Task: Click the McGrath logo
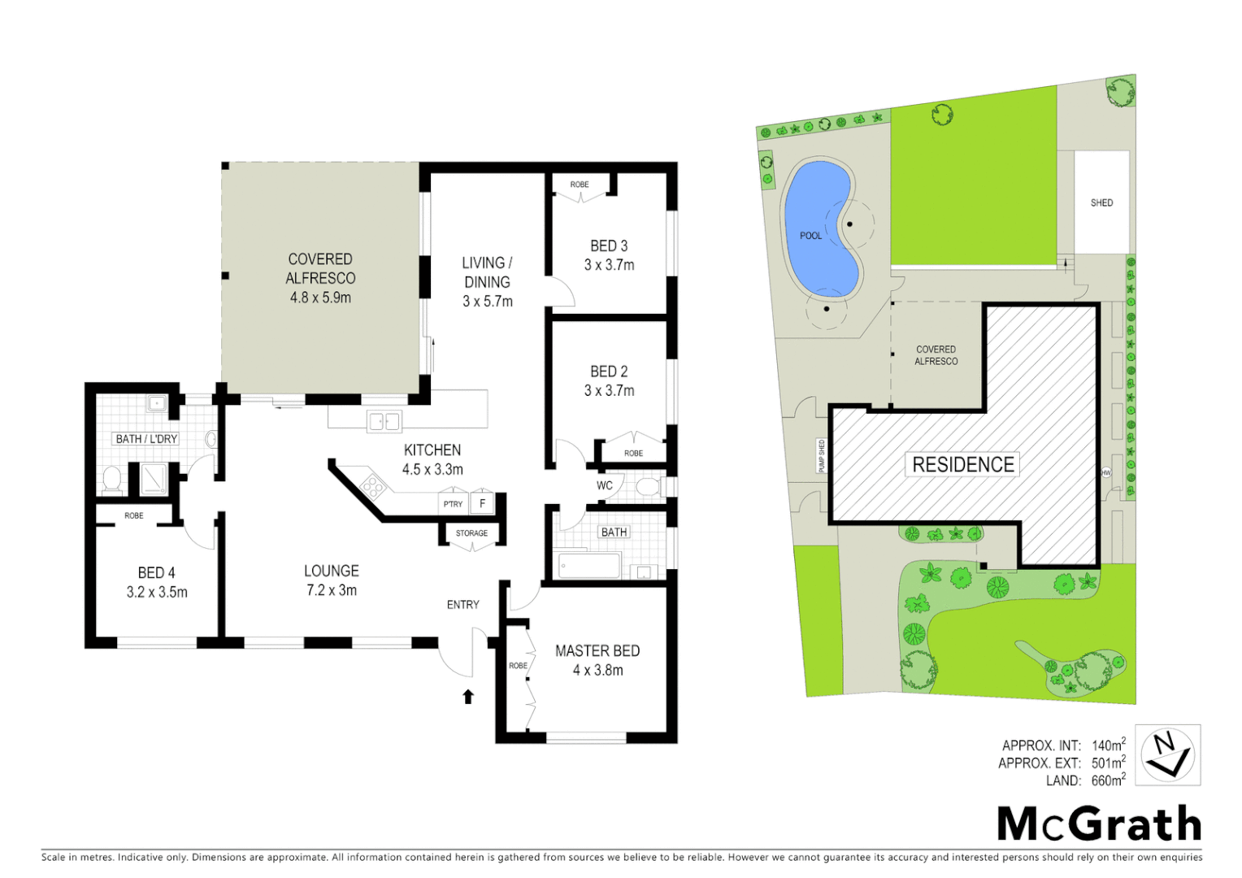[1098, 824]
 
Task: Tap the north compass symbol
[1167, 755]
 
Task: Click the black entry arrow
[468, 697]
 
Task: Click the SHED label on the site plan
[1101, 202]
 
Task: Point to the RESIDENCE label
[963, 464]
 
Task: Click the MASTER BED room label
[597, 651]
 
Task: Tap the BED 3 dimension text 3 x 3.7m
[609, 265]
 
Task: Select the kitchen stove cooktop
[372, 486]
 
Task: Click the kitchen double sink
[384, 421]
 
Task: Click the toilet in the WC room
[648, 487]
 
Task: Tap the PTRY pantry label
[453, 504]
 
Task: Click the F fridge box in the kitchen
[482, 503]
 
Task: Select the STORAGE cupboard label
[471, 533]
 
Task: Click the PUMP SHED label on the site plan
[822, 456]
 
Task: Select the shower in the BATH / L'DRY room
[154, 479]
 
